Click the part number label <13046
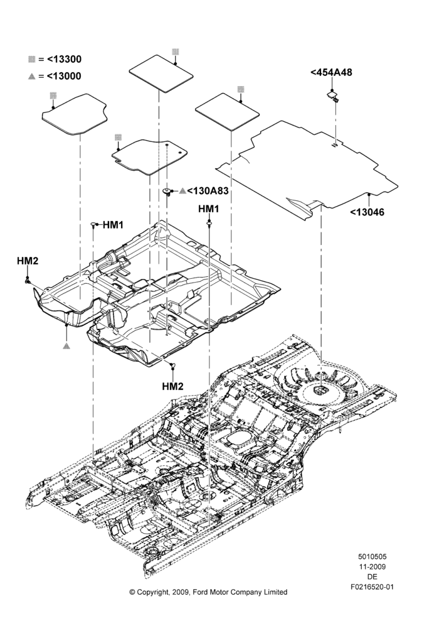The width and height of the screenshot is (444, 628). (x=367, y=212)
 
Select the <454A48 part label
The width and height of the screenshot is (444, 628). (x=331, y=72)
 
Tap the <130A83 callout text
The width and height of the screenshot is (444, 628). (x=208, y=191)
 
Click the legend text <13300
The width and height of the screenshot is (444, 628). (x=64, y=59)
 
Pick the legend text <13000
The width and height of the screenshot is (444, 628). (x=64, y=76)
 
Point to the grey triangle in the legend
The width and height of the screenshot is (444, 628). (x=32, y=76)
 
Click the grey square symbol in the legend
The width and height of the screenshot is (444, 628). (x=32, y=59)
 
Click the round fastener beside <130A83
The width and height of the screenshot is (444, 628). (x=169, y=192)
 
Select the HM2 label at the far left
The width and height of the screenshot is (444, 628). (x=28, y=261)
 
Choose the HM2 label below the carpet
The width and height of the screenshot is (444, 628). (x=173, y=386)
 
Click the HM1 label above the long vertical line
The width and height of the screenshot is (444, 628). (x=209, y=208)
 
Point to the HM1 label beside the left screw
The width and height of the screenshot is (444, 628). (x=114, y=225)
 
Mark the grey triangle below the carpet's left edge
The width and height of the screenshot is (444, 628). (x=66, y=345)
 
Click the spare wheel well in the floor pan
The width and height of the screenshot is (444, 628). (x=321, y=384)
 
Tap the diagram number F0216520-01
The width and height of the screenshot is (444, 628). (x=372, y=587)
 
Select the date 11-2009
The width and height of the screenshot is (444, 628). (x=372, y=566)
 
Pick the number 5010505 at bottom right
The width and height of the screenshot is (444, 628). (x=372, y=556)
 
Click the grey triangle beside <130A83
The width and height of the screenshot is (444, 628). (x=182, y=191)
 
